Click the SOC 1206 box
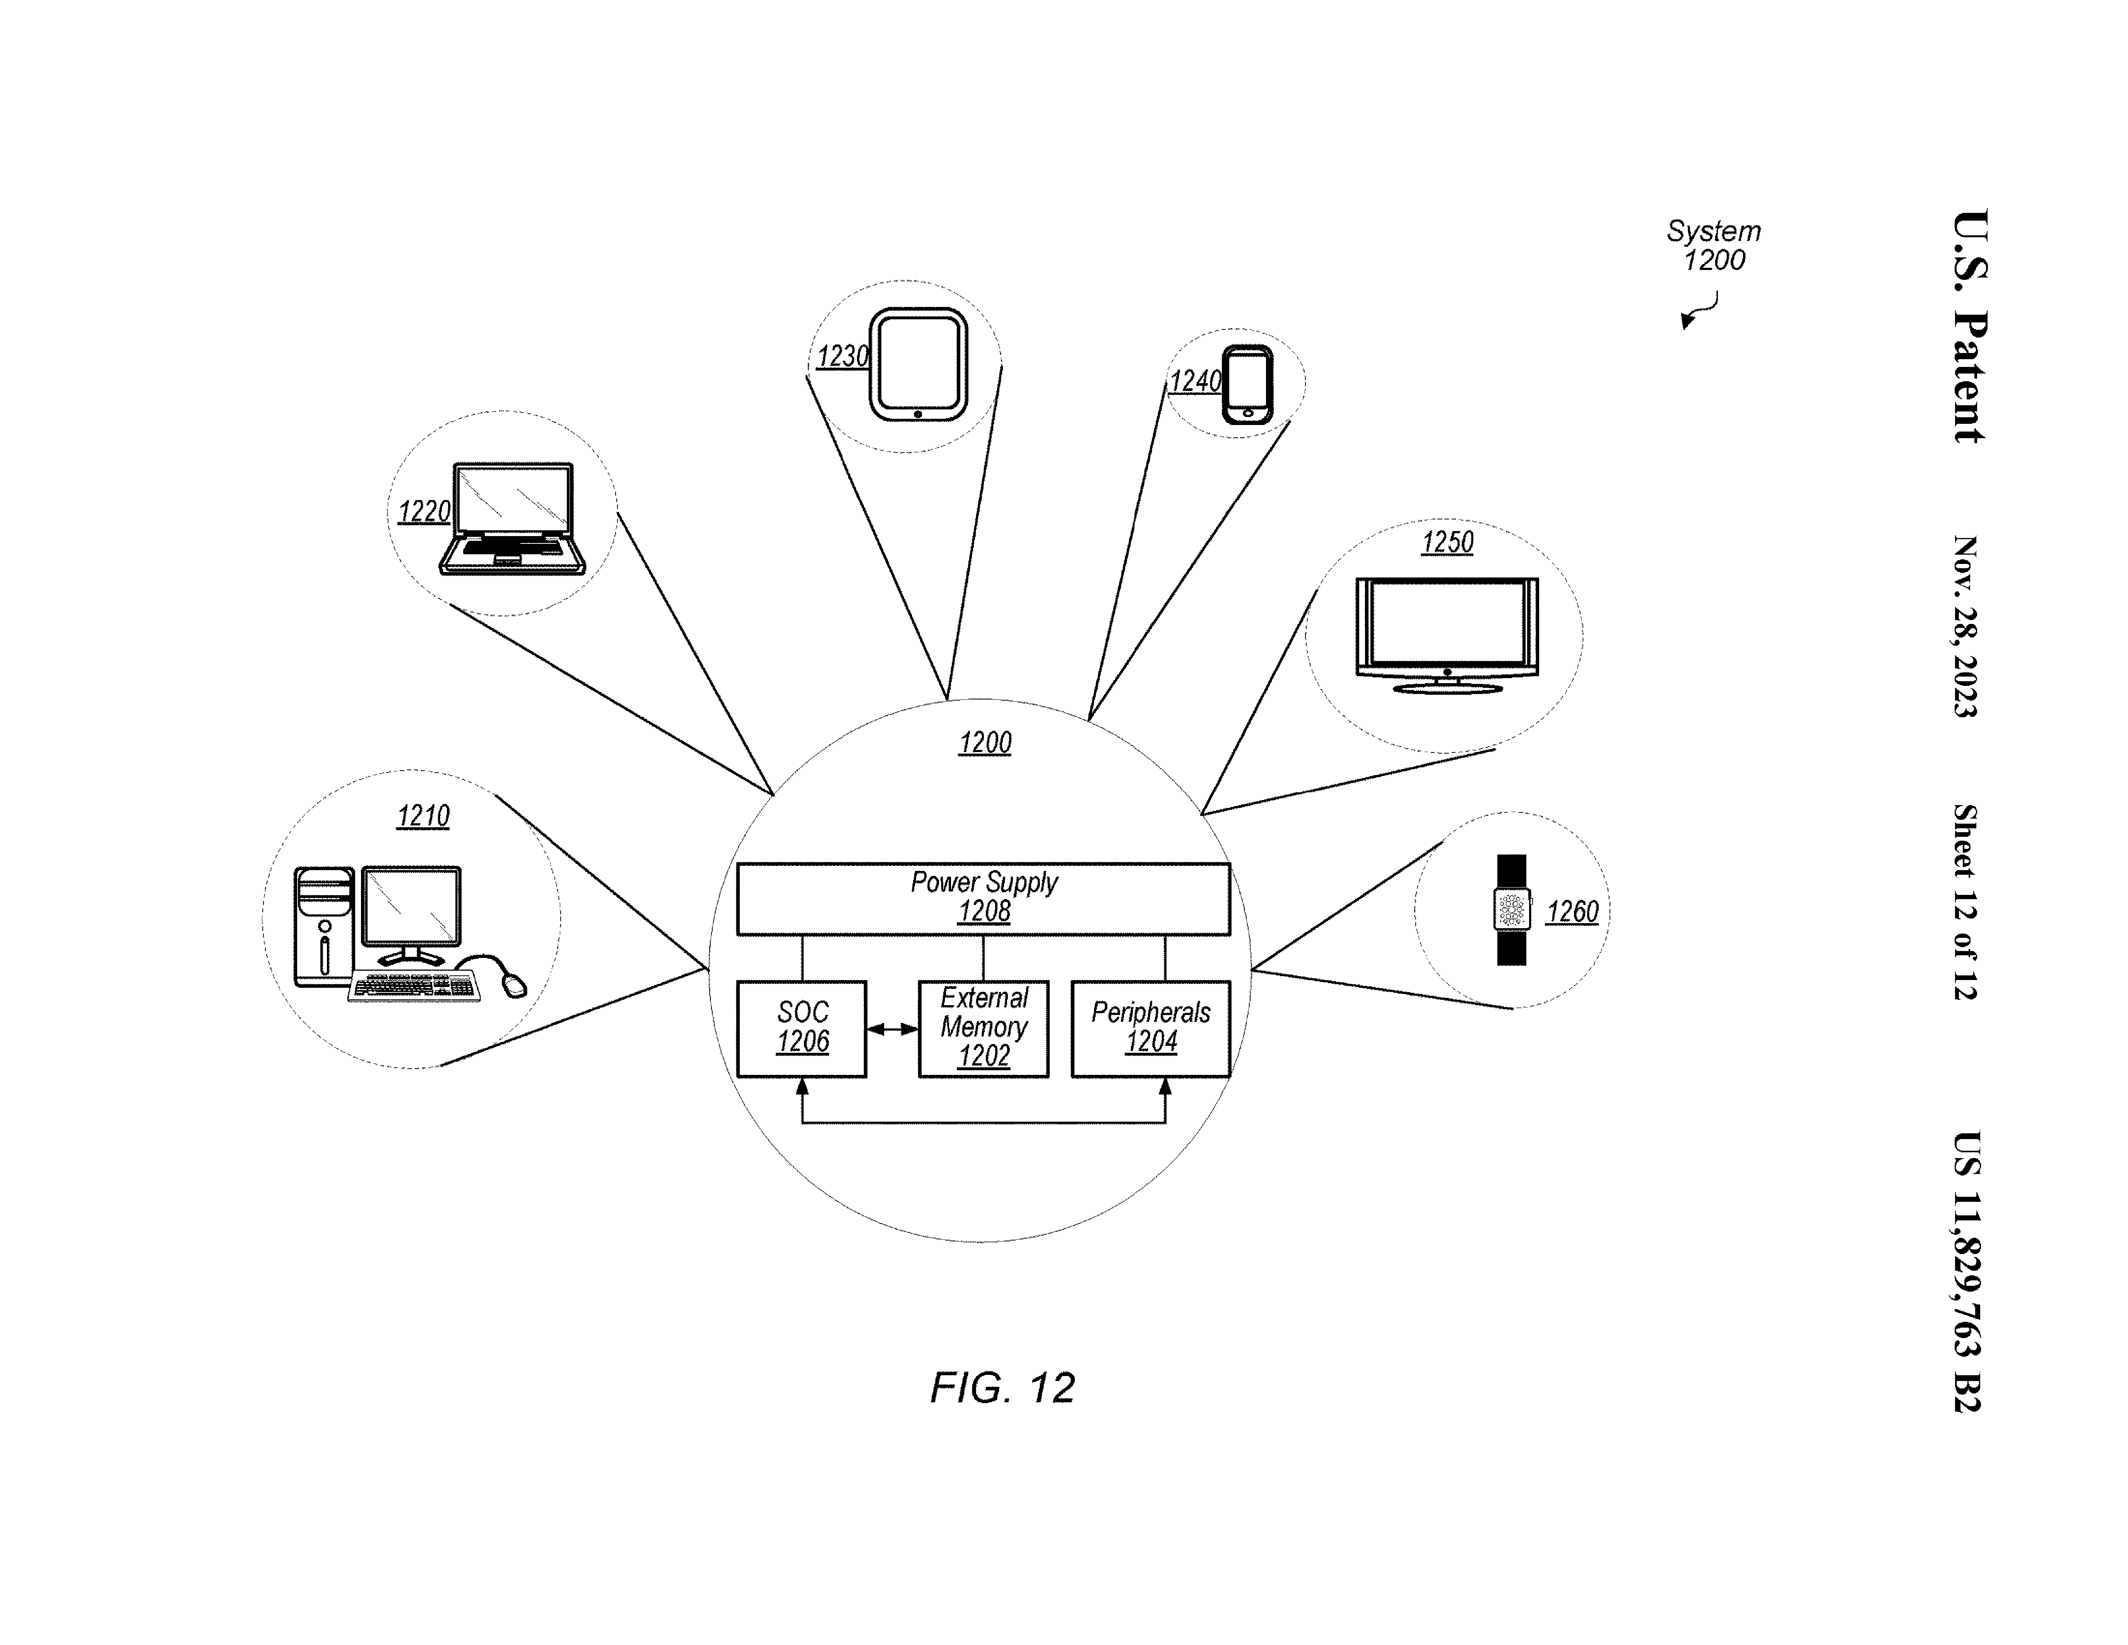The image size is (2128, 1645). tap(801, 1028)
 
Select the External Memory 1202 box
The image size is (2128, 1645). tap(983, 1028)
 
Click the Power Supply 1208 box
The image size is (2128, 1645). tap(983, 898)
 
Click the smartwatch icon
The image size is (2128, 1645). tap(1511, 910)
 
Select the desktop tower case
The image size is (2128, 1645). tap(323, 926)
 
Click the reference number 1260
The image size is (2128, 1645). tap(1572, 912)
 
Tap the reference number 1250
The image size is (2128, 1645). tap(1447, 543)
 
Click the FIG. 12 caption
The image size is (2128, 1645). tap(1002, 1388)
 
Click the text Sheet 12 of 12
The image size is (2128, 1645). tap(1964, 901)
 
